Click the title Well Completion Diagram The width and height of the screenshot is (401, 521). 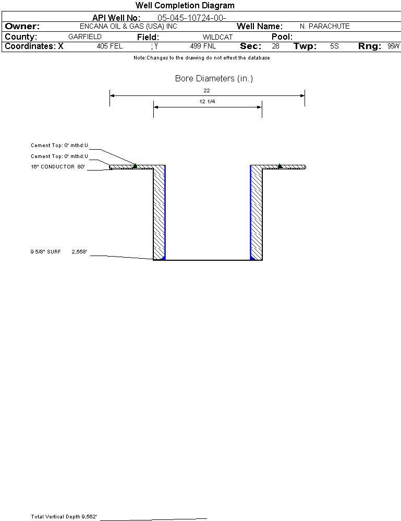point(185,5)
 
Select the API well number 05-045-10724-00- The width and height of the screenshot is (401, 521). point(192,18)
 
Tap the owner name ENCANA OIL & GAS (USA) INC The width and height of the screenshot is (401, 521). point(128,26)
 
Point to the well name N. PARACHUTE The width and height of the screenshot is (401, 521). point(324,26)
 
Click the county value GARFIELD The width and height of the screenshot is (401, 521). point(84,37)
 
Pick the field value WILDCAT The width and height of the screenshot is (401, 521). point(217,37)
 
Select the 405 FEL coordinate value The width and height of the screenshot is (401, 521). point(110,46)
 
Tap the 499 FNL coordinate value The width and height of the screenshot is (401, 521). point(203,46)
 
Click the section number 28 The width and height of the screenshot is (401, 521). point(275,46)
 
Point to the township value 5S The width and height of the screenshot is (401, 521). point(334,46)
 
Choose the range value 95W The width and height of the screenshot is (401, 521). point(393,46)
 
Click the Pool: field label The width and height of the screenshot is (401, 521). point(282,37)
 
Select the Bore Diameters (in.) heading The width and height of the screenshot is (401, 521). point(214,78)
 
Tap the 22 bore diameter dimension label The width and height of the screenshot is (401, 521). point(206,90)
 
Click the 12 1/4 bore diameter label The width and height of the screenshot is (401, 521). point(207,101)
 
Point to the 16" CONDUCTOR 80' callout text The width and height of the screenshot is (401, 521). point(58,167)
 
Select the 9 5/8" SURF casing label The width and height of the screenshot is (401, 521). point(45,252)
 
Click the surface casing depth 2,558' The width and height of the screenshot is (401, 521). point(79,252)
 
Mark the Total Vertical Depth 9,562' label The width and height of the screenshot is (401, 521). point(64,517)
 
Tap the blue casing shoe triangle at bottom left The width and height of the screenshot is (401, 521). point(163,258)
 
